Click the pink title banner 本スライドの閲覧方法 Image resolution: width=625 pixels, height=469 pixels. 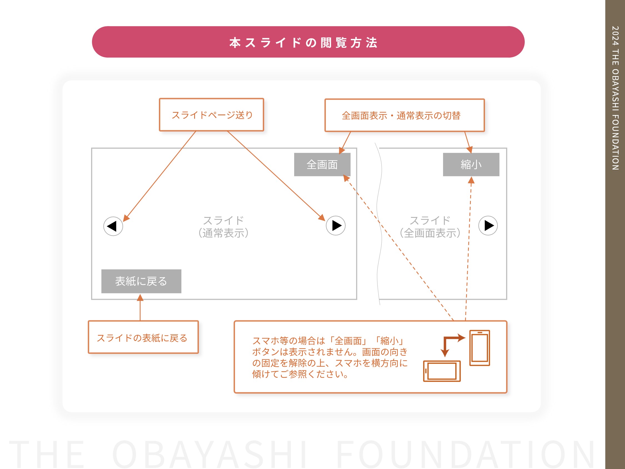point(308,42)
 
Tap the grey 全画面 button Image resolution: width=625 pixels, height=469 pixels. point(322,164)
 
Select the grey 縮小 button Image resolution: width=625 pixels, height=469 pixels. point(471,164)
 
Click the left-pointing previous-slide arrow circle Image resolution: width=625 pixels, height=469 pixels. point(113,226)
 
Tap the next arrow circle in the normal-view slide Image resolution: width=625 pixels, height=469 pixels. point(336,226)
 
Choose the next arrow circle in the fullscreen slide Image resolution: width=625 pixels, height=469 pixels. point(488,226)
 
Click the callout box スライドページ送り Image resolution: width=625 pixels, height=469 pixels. point(212,115)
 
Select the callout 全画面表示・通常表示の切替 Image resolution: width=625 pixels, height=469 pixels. point(405,115)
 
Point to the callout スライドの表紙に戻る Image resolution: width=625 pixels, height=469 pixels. point(143,337)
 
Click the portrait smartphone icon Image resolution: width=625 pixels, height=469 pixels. point(480,348)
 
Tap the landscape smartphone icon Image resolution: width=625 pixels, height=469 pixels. point(442,371)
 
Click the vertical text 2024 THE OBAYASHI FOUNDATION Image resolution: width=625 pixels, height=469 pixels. point(615,98)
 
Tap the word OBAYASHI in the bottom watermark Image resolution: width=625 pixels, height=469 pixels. point(210,454)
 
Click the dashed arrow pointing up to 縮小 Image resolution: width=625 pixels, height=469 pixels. point(468,248)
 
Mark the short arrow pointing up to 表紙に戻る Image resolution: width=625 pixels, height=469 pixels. point(140,307)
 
